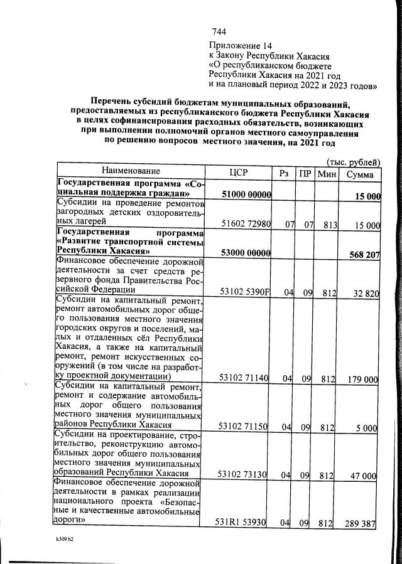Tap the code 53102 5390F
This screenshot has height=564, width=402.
tap(246, 292)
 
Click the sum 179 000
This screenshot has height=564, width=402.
tap(363, 379)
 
